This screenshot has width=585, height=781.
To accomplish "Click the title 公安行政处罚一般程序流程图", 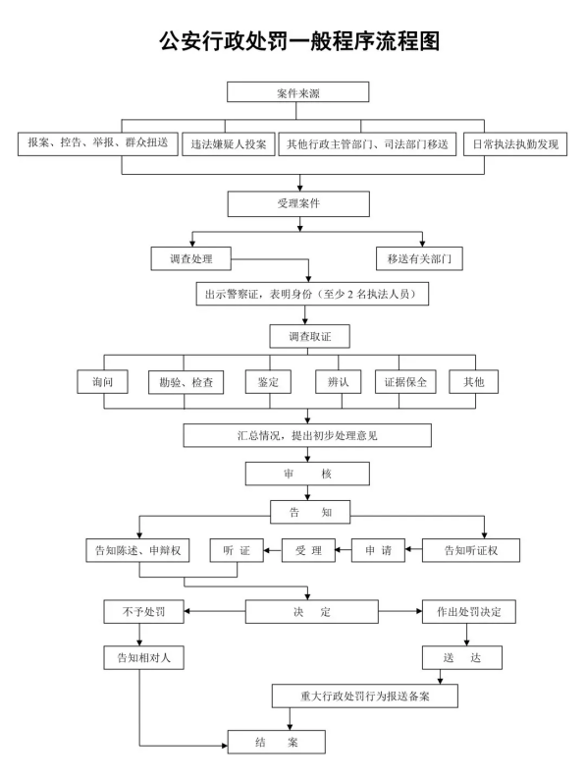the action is pos(299,41).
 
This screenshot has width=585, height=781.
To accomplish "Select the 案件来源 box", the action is pos(298,92).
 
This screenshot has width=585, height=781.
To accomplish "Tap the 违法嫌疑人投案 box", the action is pos(229,144).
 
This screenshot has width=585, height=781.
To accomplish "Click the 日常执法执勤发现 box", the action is pos(515,144).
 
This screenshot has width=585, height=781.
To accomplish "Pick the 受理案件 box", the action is pos(298,203).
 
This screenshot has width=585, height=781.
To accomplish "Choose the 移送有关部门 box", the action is pos(419,258).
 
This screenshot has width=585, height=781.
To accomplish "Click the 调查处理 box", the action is pos(191,258).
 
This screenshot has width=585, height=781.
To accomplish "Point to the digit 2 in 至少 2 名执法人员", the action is pos(350,295).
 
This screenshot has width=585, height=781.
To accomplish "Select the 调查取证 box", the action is pos(310,337).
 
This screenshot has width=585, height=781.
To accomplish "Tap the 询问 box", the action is pos(102,382).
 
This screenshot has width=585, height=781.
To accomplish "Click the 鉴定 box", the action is pos(268,382).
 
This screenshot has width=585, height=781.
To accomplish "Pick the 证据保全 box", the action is pos(405,382).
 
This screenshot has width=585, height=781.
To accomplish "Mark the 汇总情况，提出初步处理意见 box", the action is pos(307,435).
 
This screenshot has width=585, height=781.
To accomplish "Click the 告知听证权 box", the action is pos(471,550).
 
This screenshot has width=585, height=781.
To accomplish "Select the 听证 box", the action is pos(237,550).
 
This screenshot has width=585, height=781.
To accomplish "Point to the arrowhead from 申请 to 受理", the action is pos(339,550).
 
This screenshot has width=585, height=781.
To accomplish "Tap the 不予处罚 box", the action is pos(143,612).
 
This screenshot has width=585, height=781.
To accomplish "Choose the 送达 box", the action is pos(462,658).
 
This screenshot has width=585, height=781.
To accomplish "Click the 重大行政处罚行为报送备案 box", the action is pos(364,696).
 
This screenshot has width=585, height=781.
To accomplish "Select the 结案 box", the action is pos(277,742).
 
